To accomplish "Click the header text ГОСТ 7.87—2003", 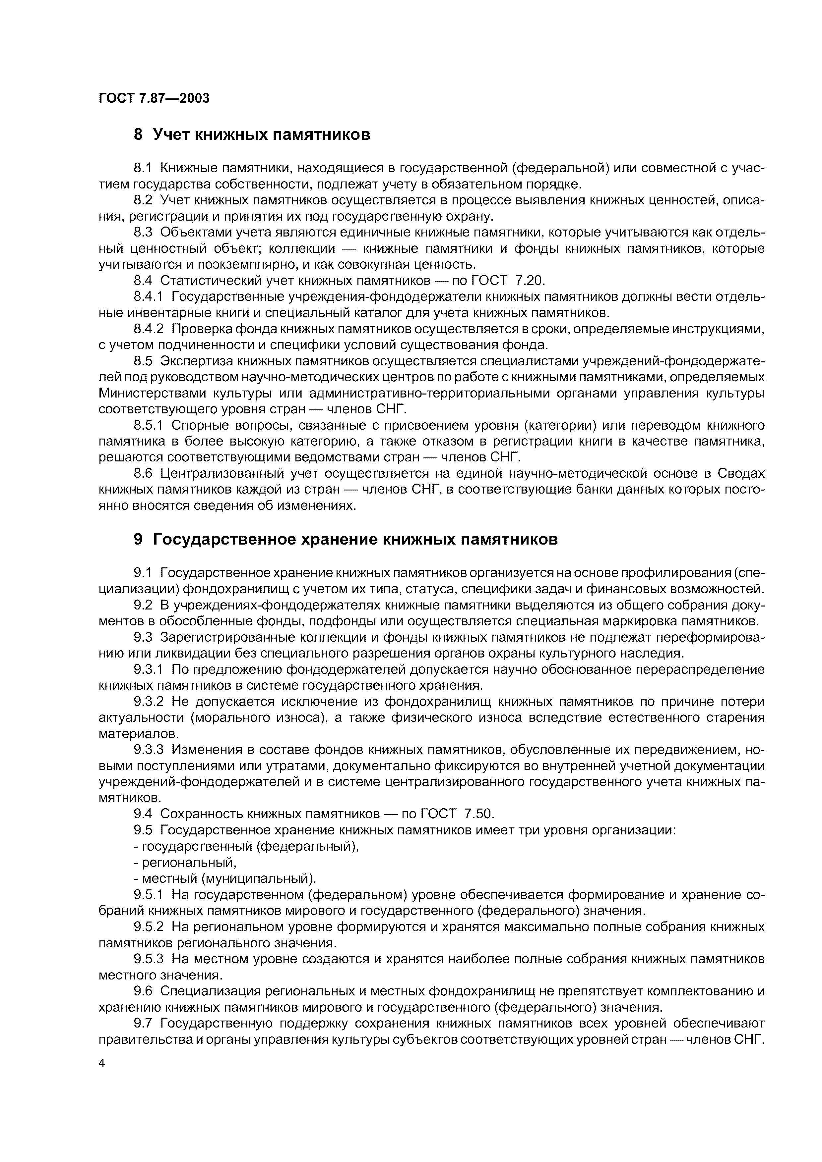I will pos(154,98).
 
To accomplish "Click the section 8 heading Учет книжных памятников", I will pos(252,134).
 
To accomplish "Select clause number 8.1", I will pos(143,168).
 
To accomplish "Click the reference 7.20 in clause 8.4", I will pos(529,280).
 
